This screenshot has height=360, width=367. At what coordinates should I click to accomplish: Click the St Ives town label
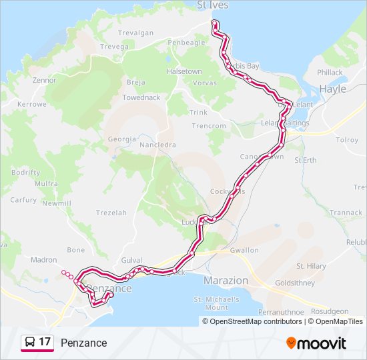(x=214, y=5)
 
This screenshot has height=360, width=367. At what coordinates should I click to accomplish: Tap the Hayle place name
(x=333, y=89)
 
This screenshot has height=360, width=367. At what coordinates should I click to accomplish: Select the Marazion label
(x=226, y=281)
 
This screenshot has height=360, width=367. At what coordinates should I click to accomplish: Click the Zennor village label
(x=44, y=79)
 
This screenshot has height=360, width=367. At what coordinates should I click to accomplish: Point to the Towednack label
(x=141, y=97)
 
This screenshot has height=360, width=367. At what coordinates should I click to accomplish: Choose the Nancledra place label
(x=157, y=145)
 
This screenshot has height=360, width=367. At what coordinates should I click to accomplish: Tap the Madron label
(x=44, y=260)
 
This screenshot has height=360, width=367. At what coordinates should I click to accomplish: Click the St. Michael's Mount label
(x=216, y=303)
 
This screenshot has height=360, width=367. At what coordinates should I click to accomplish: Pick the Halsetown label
(x=184, y=71)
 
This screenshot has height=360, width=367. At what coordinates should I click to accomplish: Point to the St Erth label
(x=306, y=160)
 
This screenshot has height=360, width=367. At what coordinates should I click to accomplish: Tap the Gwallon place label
(x=244, y=251)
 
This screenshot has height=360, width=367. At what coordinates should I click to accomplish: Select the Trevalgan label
(x=136, y=33)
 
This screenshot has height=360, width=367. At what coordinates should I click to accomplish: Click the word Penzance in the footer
(x=83, y=343)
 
